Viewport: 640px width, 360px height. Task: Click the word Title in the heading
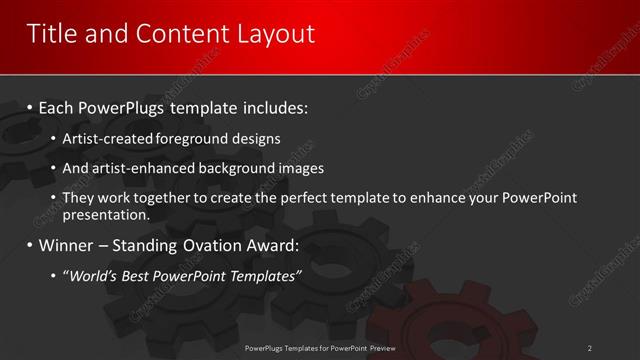pos(50,34)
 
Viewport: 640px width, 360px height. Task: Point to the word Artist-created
pos(106,138)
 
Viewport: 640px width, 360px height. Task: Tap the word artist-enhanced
pos(133,168)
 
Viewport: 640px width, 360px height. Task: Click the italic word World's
pos(91,276)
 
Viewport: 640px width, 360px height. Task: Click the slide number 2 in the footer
pos(589,348)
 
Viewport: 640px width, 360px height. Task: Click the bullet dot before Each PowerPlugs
pos(31,106)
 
